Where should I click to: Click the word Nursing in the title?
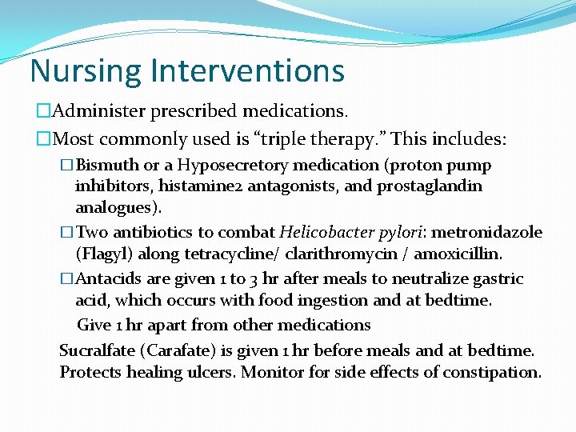(x=77, y=71)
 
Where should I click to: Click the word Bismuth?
(x=107, y=166)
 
